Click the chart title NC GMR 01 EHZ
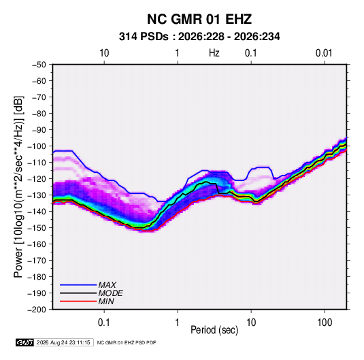[x=199, y=19]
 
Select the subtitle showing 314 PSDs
[x=199, y=37]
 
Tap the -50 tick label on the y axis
[x=39, y=65]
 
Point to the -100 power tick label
[x=37, y=146]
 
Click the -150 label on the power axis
[x=37, y=228]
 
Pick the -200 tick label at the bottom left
[x=37, y=310]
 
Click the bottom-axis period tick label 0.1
[x=104, y=323]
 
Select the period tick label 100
[x=325, y=323]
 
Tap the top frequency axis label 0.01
[x=324, y=53]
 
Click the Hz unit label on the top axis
[x=214, y=53]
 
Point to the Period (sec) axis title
[x=214, y=330]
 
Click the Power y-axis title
[x=18, y=186]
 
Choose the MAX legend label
[x=107, y=285]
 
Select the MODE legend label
[x=110, y=293]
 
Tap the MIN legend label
[x=106, y=301]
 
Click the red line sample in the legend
[x=78, y=301]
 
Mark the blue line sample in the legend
[x=78, y=285]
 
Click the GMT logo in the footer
[x=25, y=342]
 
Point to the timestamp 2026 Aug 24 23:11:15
[x=63, y=342]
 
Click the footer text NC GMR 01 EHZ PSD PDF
[x=127, y=342]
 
